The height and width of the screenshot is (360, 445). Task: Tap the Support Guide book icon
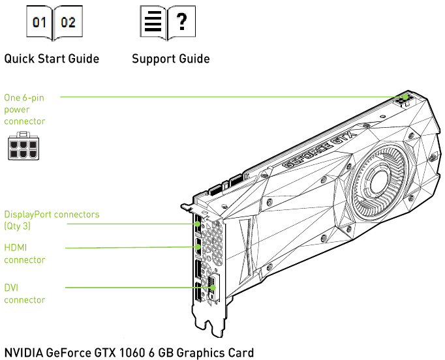coord(168,23)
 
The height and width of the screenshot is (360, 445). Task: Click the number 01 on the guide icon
coord(40,23)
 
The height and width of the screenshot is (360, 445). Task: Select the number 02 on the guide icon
coord(68,23)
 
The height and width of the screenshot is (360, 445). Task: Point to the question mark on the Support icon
coord(182,23)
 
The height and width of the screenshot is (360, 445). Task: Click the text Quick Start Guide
coord(52,59)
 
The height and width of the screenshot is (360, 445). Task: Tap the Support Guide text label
coord(171,59)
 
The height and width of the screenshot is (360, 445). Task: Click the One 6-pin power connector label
coord(25,109)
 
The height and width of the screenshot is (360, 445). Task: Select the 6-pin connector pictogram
coord(23,147)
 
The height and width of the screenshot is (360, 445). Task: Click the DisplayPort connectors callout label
coord(52,214)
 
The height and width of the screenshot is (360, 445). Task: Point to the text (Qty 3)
coord(18,226)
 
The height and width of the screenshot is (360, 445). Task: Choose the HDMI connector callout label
coord(24,253)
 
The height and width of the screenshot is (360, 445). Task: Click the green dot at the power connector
coord(407,97)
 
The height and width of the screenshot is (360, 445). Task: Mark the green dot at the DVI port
coord(213,287)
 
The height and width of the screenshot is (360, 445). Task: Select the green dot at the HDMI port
coord(198,248)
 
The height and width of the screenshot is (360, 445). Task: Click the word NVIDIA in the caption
coord(23,353)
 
